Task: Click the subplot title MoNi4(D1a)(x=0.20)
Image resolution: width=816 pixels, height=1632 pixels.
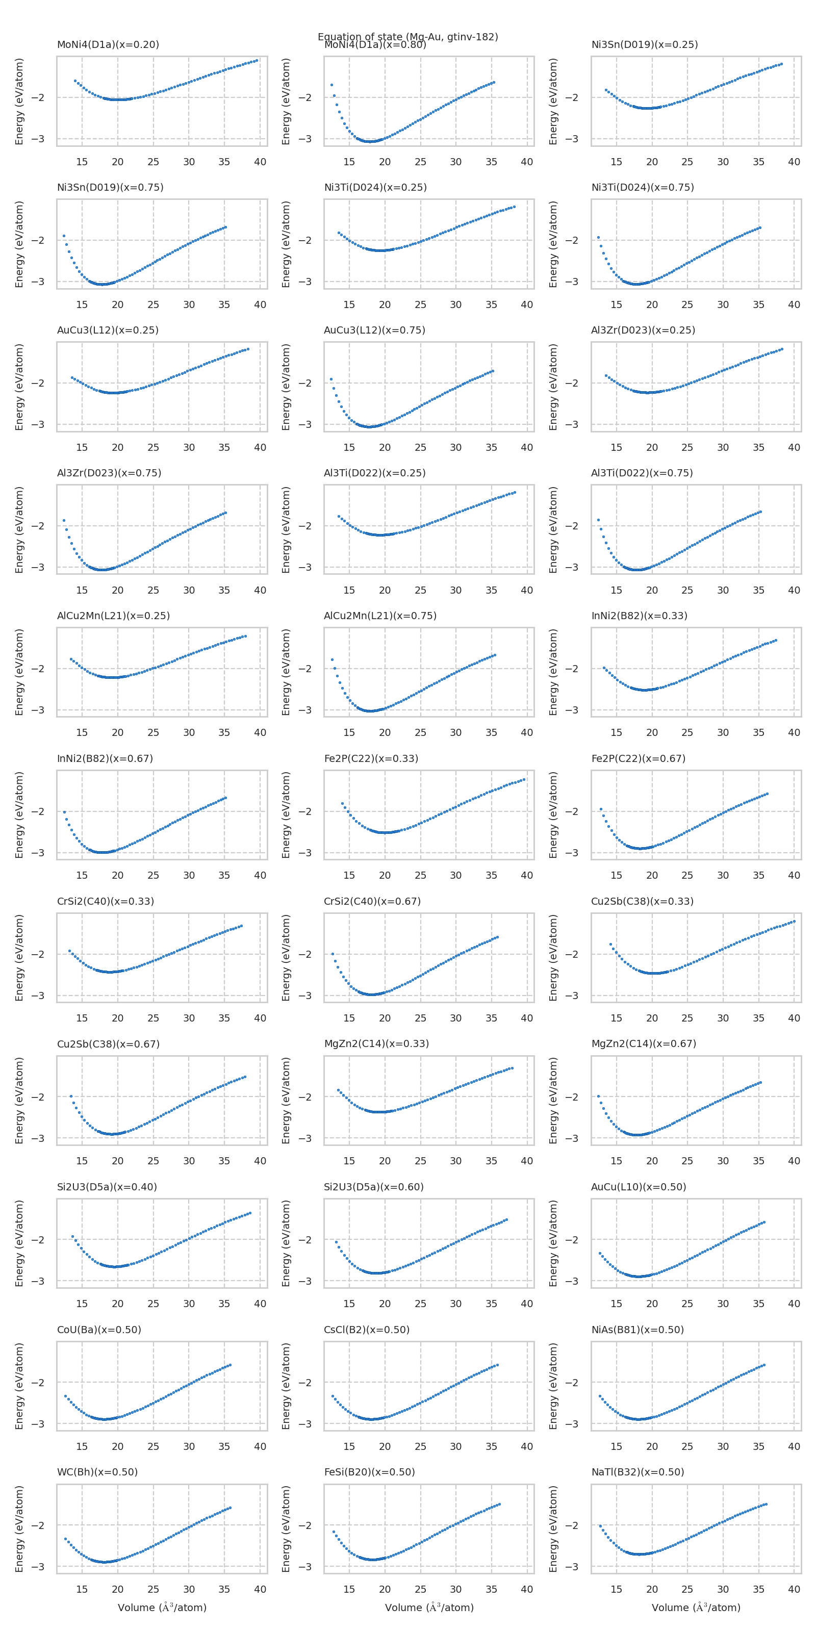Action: [108, 44]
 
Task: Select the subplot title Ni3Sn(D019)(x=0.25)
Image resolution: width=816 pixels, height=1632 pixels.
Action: [644, 44]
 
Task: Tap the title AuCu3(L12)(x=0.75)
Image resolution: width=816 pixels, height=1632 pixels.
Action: [374, 330]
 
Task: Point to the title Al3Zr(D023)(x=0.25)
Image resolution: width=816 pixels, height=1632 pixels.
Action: [643, 330]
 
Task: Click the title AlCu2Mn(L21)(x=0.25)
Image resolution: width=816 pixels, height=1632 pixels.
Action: [113, 616]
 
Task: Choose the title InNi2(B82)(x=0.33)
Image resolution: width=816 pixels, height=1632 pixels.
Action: [639, 616]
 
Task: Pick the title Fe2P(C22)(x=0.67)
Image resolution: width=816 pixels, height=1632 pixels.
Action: [638, 758]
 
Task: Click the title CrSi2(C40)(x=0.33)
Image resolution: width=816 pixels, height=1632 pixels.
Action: [105, 901]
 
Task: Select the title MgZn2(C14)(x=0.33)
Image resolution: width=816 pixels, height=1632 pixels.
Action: [376, 1043]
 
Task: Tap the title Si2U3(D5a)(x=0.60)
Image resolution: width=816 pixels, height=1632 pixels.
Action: [374, 1187]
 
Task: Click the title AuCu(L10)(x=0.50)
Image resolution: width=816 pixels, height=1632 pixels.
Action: [639, 1187]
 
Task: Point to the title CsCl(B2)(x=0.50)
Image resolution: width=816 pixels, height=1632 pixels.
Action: [367, 1329]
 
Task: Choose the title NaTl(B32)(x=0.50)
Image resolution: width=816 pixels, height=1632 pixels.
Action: [637, 1472]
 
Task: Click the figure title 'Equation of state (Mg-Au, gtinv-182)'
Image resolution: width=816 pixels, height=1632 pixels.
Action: [408, 36]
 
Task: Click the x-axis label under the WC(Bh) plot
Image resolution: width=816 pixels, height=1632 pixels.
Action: [162, 1608]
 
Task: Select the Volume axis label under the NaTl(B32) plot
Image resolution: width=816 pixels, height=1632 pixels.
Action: [696, 1608]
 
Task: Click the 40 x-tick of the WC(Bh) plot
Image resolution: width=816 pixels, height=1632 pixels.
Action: [260, 1589]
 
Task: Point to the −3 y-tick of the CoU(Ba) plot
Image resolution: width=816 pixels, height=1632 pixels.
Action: [38, 1423]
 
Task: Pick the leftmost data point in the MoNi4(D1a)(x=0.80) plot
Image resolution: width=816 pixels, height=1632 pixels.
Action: [331, 85]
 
